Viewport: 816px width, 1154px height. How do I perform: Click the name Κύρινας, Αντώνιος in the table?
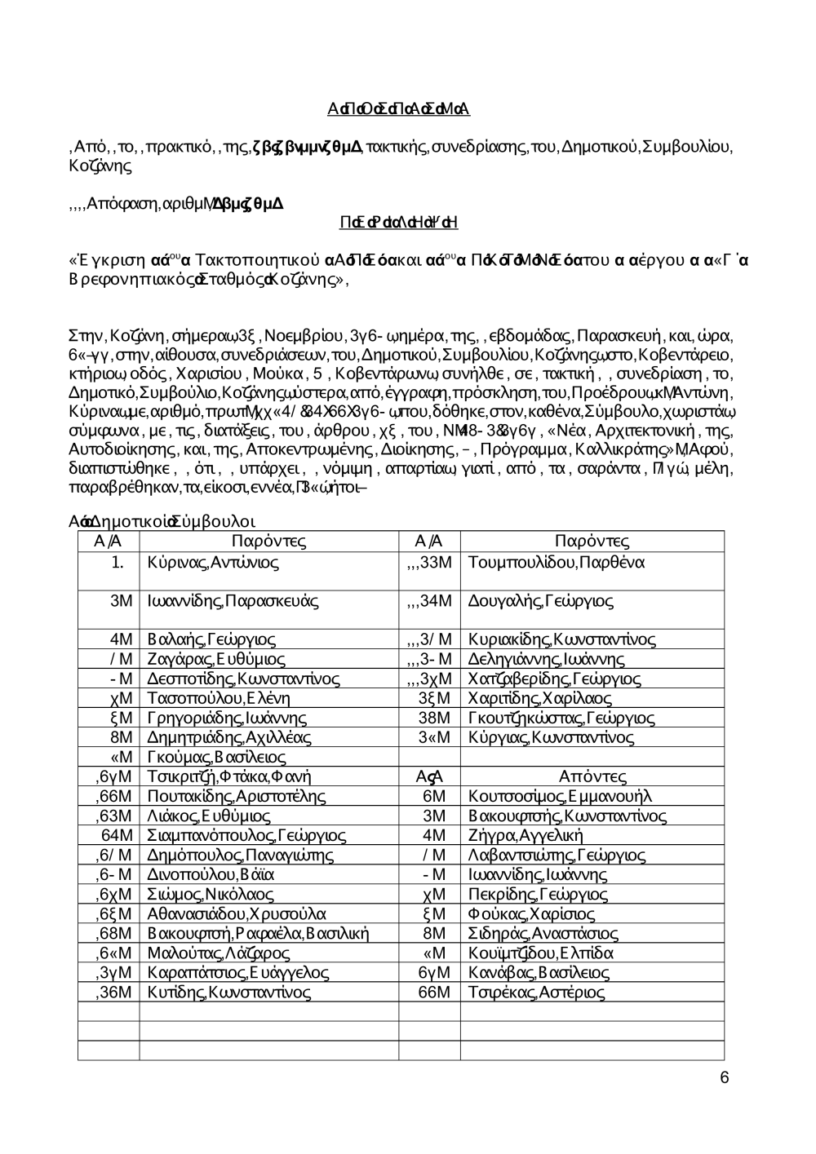point(214,563)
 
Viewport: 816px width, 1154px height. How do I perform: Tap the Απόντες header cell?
point(592,776)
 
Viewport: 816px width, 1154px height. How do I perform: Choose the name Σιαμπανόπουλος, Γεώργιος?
point(246,835)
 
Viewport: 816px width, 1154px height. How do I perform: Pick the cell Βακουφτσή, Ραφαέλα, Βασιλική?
point(259,933)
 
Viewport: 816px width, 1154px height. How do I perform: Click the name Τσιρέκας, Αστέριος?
point(537,992)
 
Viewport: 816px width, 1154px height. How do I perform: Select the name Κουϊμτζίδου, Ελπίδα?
point(541,953)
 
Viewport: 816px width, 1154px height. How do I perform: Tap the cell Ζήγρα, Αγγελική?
point(526,835)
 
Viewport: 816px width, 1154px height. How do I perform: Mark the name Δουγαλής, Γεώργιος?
point(541,602)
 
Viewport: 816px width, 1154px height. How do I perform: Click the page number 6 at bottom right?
point(725,1078)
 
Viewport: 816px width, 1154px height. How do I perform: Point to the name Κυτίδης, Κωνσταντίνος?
point(229,992)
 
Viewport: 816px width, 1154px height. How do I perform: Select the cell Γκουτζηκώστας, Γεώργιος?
point(561,718)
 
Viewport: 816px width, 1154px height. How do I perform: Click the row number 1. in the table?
point(118,563)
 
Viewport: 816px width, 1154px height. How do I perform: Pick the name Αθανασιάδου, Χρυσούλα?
point(237,913)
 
